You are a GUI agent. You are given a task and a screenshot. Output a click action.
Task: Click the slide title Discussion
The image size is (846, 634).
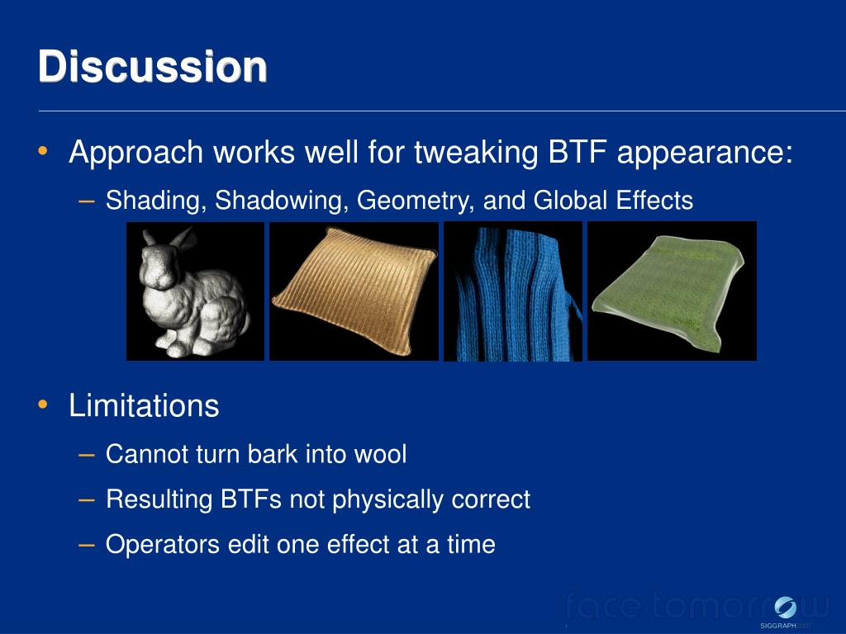153,66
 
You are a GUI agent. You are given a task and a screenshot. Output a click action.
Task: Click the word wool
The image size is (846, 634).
380,454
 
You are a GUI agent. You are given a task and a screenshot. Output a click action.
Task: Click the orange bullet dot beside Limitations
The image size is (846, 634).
43,404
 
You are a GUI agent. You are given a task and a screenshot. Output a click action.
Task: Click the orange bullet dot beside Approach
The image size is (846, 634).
43,150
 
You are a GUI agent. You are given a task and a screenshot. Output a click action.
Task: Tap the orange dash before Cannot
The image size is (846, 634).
86,455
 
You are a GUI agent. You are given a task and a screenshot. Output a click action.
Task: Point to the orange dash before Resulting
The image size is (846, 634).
86,500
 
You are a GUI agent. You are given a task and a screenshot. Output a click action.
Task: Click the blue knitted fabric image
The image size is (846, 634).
513,291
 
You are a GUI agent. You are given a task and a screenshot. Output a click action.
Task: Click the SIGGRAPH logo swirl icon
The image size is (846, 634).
785,608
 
